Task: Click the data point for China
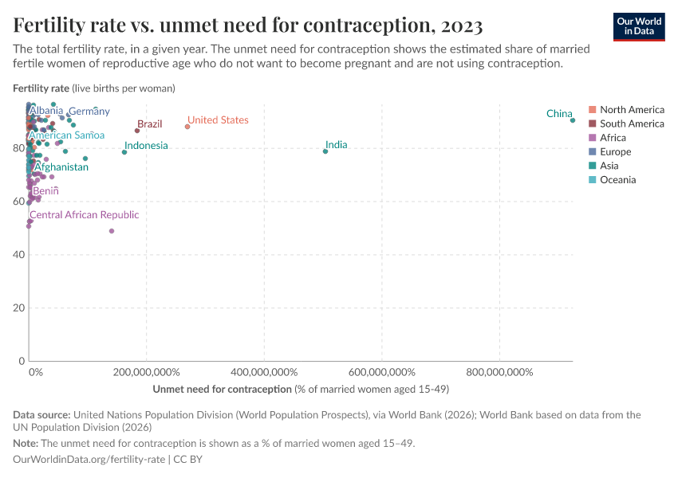tap(573, 120)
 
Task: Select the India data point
tap(325, 151)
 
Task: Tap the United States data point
tap(187, 127)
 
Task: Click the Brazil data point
tap(137, 131)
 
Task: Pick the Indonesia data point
tap(124, 152)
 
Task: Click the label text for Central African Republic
tap(84, 215)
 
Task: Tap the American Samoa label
tap(66, 135)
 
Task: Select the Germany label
tap(89, 112)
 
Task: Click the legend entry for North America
tap(632, 109)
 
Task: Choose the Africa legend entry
tap(613, 138)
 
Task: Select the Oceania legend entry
tap(617, 180)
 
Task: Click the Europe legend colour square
tap(593, 152)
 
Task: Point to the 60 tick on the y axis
tap(18, 202)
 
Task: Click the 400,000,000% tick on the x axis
tap(264, 372)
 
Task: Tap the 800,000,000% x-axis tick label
tap(499, 372)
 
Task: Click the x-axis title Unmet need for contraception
tap(222, 390)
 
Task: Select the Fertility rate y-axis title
tap(41, 88)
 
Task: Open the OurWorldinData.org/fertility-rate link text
tap(89, 460)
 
